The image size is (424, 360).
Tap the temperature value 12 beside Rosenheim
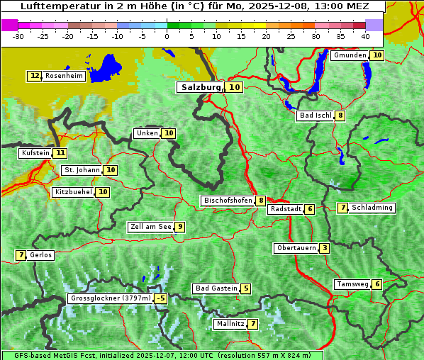point(35,76)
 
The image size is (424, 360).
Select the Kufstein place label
point(35,152)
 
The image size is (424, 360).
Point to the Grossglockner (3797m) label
point(111,299)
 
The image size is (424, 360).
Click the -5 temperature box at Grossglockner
point(161,299)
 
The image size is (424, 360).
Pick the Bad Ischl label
point(316,116)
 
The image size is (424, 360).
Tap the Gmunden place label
point(350,55)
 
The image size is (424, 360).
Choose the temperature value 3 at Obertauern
point(324,248)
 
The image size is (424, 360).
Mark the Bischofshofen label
point(228,201)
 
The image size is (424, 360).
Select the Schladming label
point(372,208)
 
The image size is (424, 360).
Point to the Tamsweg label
point(352,284)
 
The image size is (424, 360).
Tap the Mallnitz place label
point(230,324)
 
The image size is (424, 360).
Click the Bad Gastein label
point(216,288)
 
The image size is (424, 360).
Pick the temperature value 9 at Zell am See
point(180,227)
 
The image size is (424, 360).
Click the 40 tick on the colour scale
point(365,36)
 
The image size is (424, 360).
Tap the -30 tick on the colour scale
point(18,36)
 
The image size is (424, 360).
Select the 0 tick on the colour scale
point(167,36)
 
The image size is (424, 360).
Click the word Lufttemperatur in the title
point(55,6)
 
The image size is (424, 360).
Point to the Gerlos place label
point(41,255)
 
